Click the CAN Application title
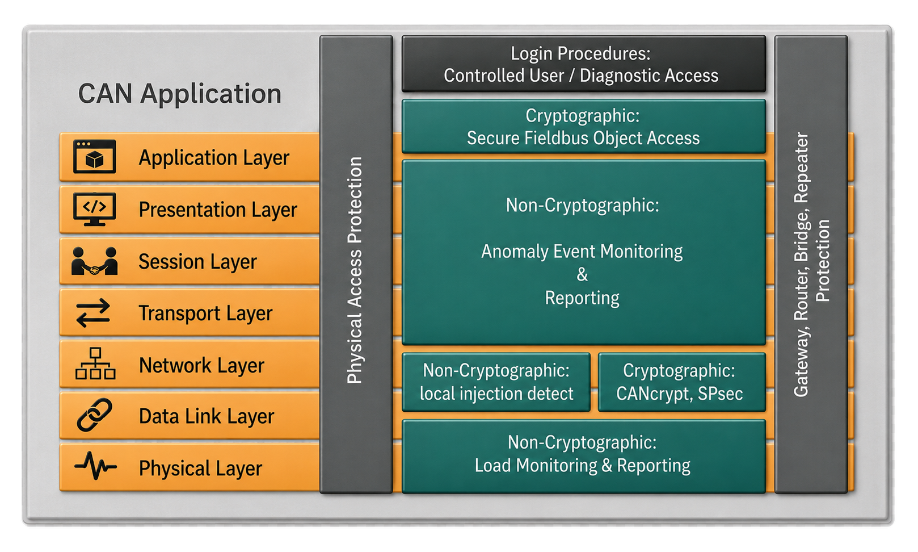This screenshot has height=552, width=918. pyautogui.click(x=179, y=94)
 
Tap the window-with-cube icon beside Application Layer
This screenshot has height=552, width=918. pyautogui.click(x=94, y=157)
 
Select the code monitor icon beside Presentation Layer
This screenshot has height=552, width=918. pyautogui.click(x=94, y=209)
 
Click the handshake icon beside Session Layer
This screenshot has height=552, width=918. pyautogui.click(x=94, y=261)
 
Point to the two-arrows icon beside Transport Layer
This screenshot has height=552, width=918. pyautogui.click(x=94, y=313)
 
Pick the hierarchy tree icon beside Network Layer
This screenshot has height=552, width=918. pyautogui.click(x=95, y=364)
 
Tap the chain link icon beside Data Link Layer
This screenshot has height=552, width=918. pyautogui.click(x=94, y=415)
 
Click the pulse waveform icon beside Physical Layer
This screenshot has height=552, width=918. pyautogui.click(x=95, y=466)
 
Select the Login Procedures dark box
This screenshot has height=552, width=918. pyautogui.click(x=584, y=64)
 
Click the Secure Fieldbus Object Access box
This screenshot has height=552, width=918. pyautogui.click(x=584, y=126)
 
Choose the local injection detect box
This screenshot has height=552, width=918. pyautogui.click(x=496, y=382)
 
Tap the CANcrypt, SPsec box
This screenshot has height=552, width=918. pyautogui.click(x=681, y=382)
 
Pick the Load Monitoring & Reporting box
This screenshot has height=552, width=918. pyautogui.click(x=584, y=456)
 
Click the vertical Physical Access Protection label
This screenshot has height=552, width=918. pyautogui.click(x=355, y=270)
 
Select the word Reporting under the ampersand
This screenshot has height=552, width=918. pyautogui.click(x=582, y=298)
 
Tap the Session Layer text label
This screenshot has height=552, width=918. pyautogui.click(x=197, y=262)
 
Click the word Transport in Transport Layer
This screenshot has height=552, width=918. pyautogui.click(x=179, y=313)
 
